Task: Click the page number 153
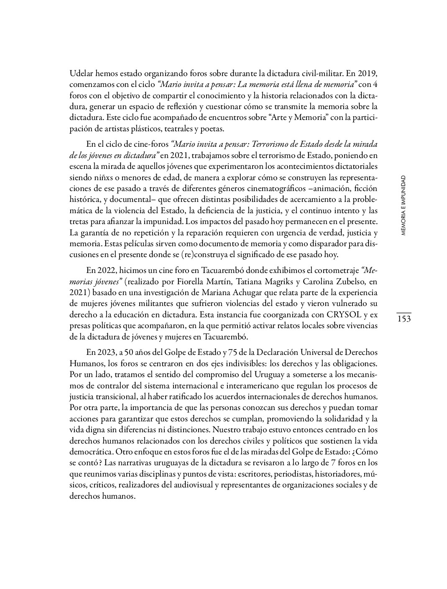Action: pyautogui.click(x=404, y=319)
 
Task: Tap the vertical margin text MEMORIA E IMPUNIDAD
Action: pyautogui.click(x=403, y=206)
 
